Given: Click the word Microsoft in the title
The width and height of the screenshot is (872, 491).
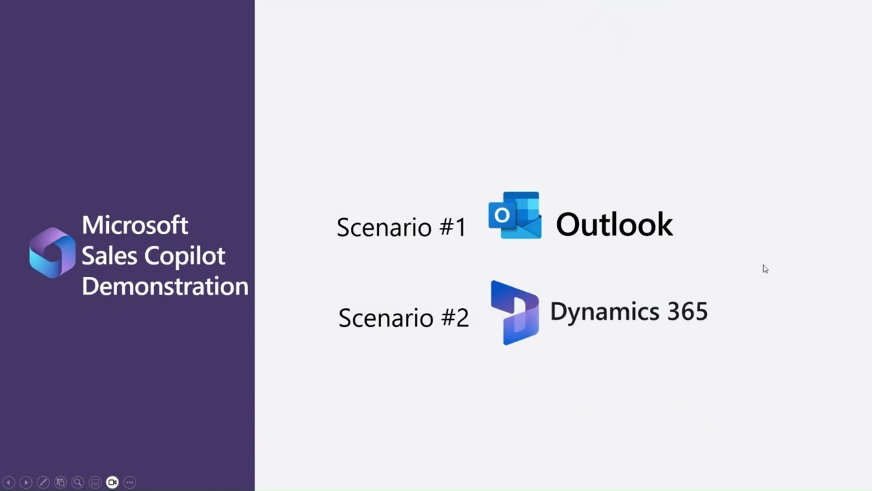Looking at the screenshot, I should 135,225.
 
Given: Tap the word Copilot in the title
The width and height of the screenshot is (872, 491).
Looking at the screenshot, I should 184,256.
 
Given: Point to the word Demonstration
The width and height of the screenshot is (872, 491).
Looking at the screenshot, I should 165,286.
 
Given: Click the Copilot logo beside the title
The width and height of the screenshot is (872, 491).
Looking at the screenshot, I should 52,253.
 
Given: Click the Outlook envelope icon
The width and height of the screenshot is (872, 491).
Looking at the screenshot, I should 515,215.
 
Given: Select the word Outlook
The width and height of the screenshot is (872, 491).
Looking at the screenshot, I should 614,225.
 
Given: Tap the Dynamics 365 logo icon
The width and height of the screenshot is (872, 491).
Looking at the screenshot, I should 514,312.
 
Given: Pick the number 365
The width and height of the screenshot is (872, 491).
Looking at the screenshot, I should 687,312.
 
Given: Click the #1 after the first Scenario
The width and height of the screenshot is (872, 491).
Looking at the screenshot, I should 452,227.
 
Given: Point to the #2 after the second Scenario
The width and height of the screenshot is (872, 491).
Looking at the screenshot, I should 454,318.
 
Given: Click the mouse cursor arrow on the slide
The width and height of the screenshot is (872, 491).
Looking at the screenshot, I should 765,269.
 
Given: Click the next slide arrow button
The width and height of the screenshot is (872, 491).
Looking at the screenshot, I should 26,482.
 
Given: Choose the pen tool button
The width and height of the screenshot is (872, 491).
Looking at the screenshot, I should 43,482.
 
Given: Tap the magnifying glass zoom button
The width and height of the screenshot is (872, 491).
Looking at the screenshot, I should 78,482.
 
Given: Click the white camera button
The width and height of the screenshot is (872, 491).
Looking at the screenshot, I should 112,482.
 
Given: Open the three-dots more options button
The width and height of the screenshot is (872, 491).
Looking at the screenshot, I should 129,482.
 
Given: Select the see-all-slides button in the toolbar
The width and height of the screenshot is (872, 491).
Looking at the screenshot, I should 61,482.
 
